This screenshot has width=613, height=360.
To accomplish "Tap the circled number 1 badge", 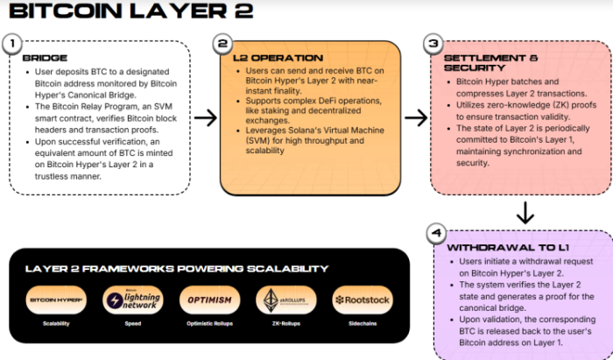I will click(x=11, y=43).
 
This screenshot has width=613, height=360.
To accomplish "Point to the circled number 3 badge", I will click(x=432, y=43).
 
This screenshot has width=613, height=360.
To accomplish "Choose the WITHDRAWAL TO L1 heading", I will click(x=503, y=248).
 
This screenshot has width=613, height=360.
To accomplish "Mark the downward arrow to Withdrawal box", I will click(x=525, y=212).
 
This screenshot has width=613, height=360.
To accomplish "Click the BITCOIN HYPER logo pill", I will click(x=56, y=300).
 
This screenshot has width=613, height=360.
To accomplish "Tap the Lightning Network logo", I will click(x=132, y=300).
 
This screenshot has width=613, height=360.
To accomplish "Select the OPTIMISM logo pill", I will click(x=208, y=300).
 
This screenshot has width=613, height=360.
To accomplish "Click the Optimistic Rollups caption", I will click(x=208, y=324).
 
